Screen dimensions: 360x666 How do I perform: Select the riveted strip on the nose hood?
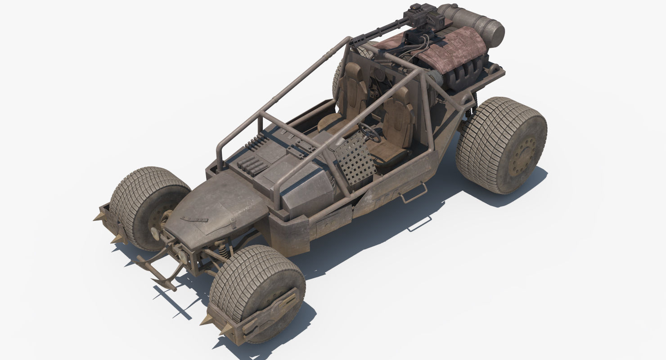(195, 219)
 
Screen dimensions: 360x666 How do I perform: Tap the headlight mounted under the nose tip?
(183, 256)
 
